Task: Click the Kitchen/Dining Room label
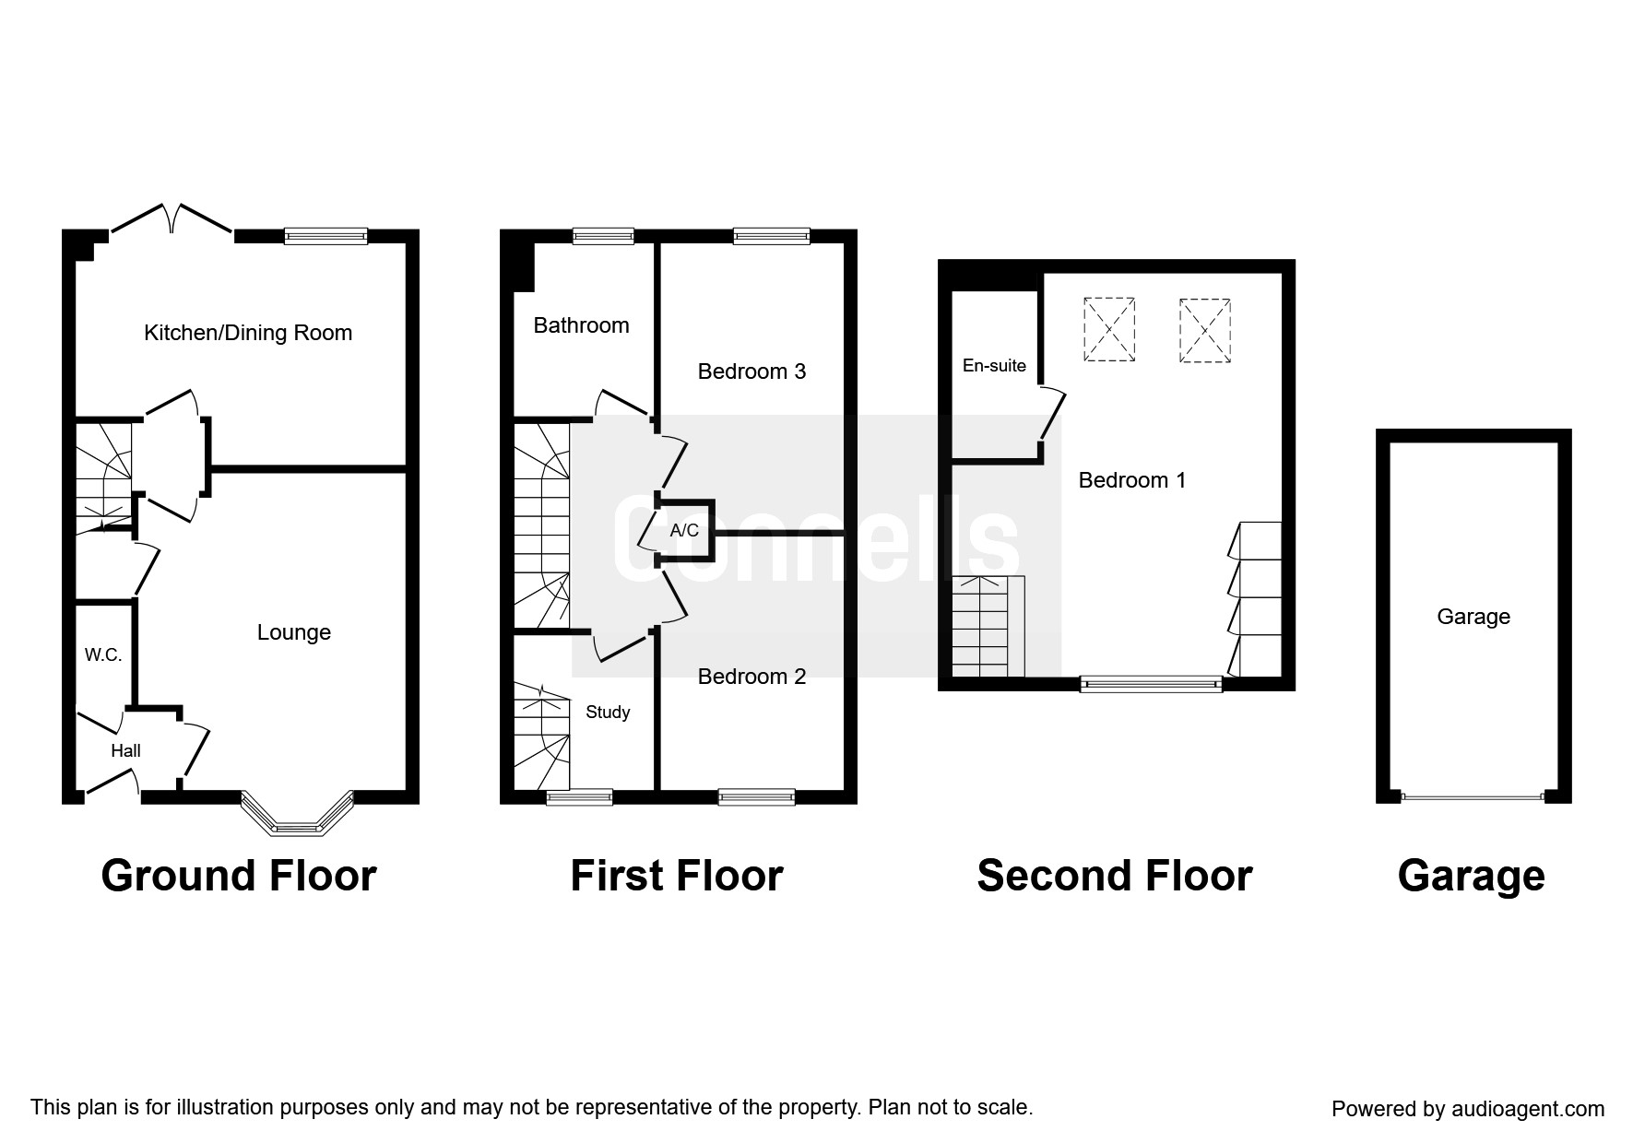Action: [x=248, y=333]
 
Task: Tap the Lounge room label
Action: [x=293, y=632]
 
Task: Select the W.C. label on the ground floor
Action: [x=103, y=655]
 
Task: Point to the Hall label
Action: [x=125, y=751]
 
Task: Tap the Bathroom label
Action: [x=581, y=325]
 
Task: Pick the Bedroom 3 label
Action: [x=751, y=371]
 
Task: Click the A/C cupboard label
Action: [x=684, y=531]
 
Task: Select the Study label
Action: [x=608, y=713]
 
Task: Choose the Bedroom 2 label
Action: [x=751, y=677]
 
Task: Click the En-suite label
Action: [x=994, y=366]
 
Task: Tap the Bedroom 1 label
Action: [x=1132, y=480]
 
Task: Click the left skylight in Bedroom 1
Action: [x=1108, y=329]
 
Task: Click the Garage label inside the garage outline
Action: [x=1473, y=617]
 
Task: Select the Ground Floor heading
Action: [x=239, y=876]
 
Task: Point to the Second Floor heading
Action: [x=1115, y=876]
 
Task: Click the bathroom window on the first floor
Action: [x=603, y=236]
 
